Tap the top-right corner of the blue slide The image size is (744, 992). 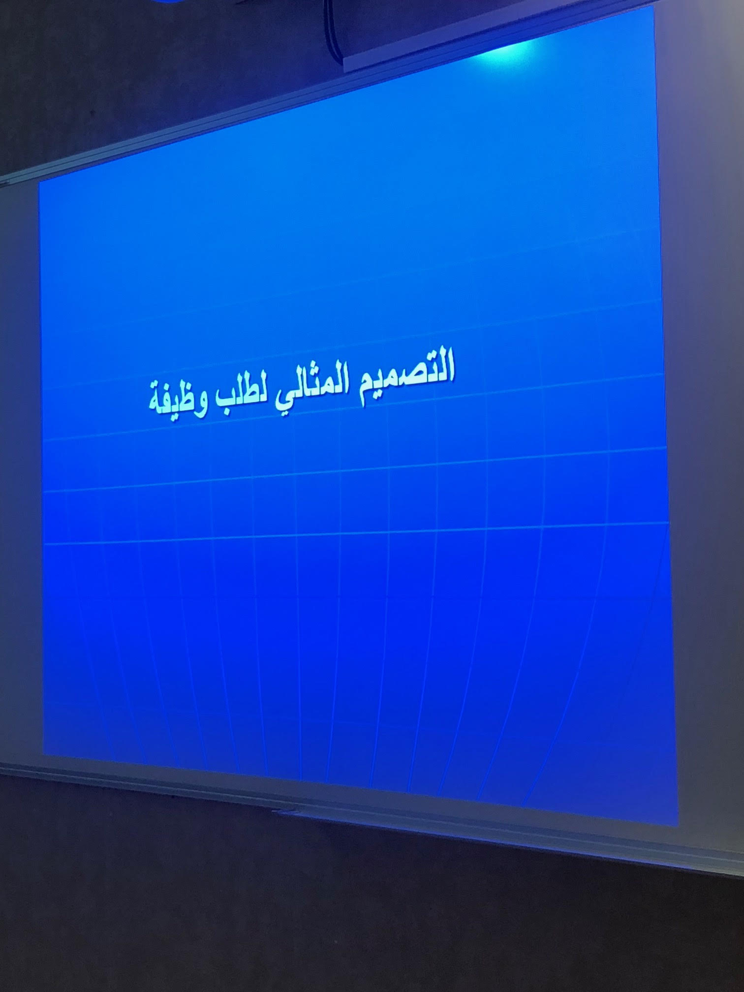click(x=654, y=6)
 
